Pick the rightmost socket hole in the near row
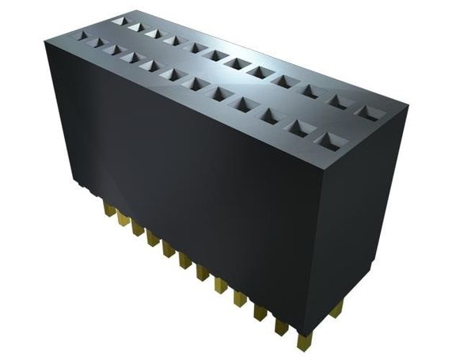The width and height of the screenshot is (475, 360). (328, 140)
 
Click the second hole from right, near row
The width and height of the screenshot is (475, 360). (298, 127)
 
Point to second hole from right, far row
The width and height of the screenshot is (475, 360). (338, 100)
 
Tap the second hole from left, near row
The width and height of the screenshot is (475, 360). (98, 42)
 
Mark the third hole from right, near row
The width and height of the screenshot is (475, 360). (270, 116)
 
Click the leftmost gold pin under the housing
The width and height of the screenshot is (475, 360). (106, 208)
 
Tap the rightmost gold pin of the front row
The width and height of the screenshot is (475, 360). (303, 340)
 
